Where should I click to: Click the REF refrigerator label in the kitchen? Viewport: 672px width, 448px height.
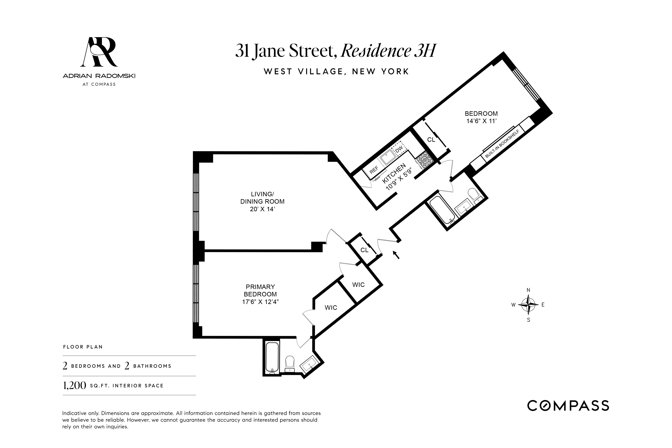[374, 170]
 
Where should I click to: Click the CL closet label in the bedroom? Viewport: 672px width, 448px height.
[431, 139]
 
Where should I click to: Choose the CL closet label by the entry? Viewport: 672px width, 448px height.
[364, 250]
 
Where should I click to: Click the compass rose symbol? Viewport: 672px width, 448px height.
[528, 305]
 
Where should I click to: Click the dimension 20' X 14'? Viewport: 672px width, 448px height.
[262, 209]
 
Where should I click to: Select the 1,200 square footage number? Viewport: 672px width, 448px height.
[74, 385]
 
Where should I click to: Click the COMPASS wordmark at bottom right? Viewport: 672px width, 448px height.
[568, 406]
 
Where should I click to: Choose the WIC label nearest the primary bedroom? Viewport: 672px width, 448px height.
[331, 307]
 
